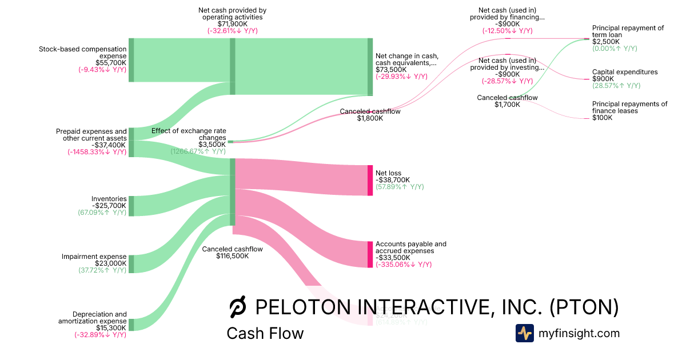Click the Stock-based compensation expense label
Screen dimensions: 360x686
click(x=82, y=53)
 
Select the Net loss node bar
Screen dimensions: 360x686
click(x=370, y=180)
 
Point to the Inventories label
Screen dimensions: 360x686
click(x=109, y=199)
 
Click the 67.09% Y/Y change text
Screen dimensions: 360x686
click(x=102, y=213)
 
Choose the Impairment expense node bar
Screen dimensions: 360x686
click(x=131, y=264)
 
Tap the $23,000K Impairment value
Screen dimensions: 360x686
click(x=110, y=263)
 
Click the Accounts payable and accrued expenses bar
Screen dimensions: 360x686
click(x=370, y=254)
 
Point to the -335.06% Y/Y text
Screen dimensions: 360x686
click(x=404, y=265)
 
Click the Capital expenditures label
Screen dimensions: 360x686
click(x=625, y=72)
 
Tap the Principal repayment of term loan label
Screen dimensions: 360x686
click(x=628, y=31)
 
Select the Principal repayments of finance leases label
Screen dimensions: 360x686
click(x=629, y=107)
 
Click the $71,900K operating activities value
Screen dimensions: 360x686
click(x=232, y=24)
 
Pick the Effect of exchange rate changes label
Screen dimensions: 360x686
click(x=189, y=134)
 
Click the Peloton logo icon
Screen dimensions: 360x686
click(x=237, y=308)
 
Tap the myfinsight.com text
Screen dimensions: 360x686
click(x=579, y=333)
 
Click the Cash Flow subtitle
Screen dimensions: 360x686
click(x=265, y=333)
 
